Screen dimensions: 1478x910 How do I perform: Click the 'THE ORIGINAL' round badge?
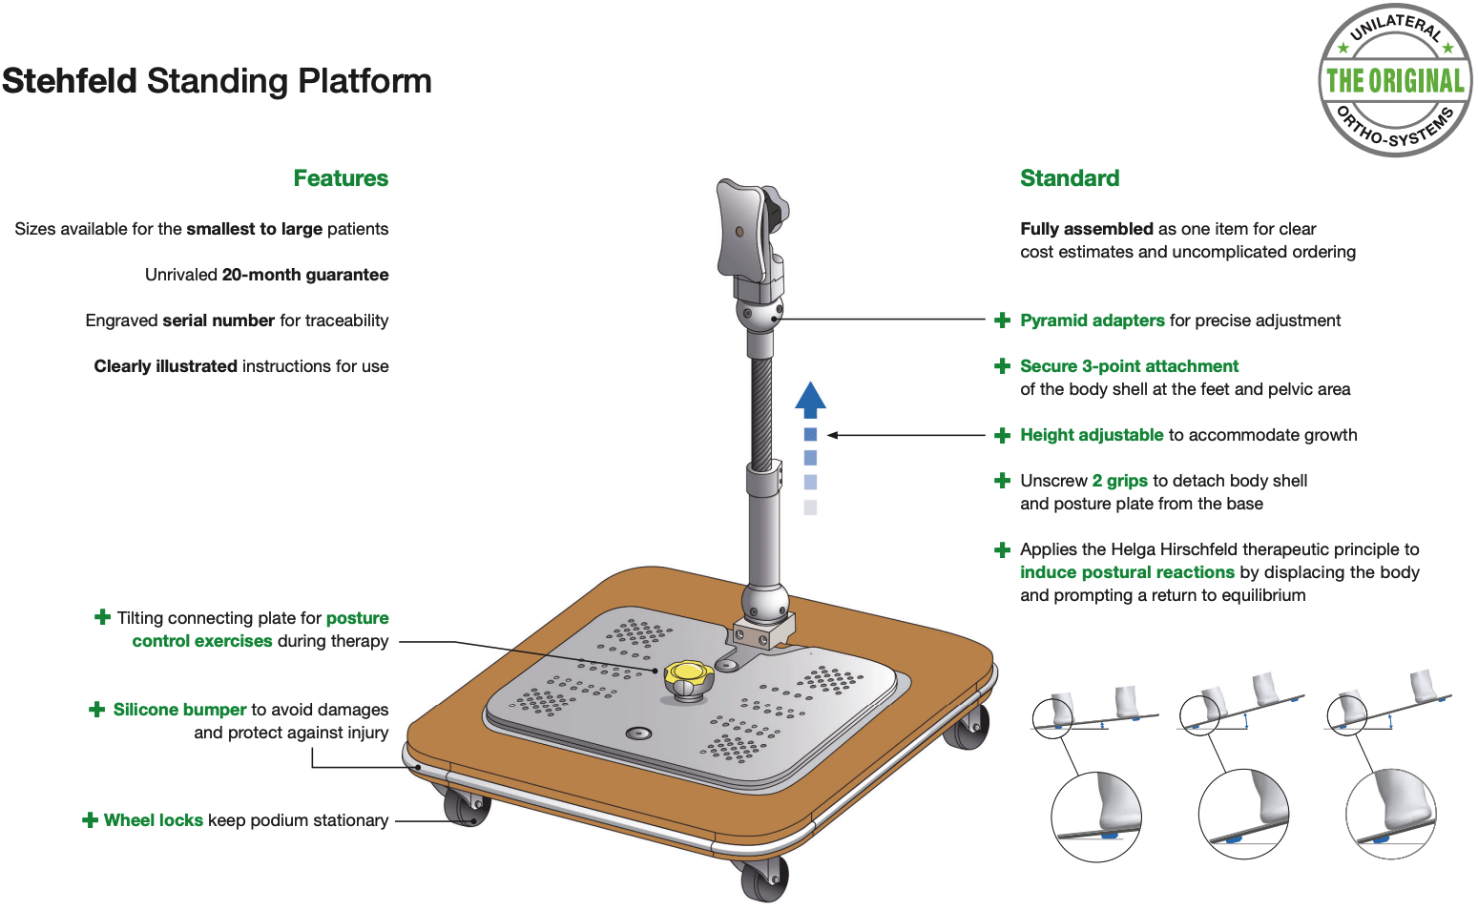(1396, 80)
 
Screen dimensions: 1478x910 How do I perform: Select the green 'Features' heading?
(341, 178)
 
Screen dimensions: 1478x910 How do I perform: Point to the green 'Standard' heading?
(1070, 178)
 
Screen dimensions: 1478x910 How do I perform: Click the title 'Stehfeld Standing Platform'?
(218, 81)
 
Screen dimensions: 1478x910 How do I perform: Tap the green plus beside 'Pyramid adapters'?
(1002, 321)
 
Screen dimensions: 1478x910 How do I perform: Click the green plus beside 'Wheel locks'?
(90, 820)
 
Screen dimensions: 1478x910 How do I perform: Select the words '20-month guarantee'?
(305, 275)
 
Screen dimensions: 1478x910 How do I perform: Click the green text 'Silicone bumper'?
(179, 710)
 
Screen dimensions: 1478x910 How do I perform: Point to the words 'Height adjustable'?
(1092, 435)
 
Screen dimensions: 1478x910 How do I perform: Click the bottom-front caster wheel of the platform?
(764, 879)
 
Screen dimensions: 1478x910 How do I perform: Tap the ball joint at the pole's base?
(764, 603)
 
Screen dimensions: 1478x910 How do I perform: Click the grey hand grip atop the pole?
(751, 231)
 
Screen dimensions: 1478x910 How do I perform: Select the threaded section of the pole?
(761, 412)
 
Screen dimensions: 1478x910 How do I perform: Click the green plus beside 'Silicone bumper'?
(96, 710)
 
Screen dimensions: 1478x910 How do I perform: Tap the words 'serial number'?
(219, 321)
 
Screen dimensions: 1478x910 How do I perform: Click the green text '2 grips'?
(1120, 481)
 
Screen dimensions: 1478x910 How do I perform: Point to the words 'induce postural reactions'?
(1127, 572)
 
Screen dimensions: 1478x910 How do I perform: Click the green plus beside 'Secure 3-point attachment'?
(1002, 366)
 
